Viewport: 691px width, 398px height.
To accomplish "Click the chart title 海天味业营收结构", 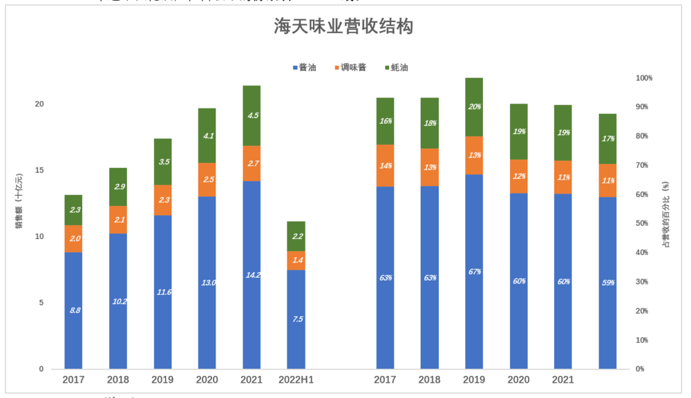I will (343, 28).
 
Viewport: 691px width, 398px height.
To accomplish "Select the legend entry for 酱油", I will (304, 67).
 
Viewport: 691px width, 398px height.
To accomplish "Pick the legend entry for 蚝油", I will (396, 67).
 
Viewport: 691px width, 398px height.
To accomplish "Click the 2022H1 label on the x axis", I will (296, 380).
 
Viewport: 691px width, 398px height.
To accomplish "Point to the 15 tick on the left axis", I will (39, 171).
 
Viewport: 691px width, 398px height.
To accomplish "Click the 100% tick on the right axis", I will (644, 78).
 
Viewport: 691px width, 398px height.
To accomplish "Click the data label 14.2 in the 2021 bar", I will (252, 275).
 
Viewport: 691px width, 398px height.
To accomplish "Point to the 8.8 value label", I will (74, 310).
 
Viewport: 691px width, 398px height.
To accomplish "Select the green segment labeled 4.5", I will (252, 115).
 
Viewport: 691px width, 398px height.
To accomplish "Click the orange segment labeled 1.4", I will (296, 260).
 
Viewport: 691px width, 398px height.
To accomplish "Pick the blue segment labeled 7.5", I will (296, 319).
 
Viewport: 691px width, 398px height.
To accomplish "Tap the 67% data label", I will (474, 272).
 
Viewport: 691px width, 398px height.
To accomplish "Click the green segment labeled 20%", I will (474, 107).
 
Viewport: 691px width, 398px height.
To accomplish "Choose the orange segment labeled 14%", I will (386, 166).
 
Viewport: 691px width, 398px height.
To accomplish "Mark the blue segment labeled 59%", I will (607, 283).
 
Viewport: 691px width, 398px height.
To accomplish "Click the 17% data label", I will (607, 139).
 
